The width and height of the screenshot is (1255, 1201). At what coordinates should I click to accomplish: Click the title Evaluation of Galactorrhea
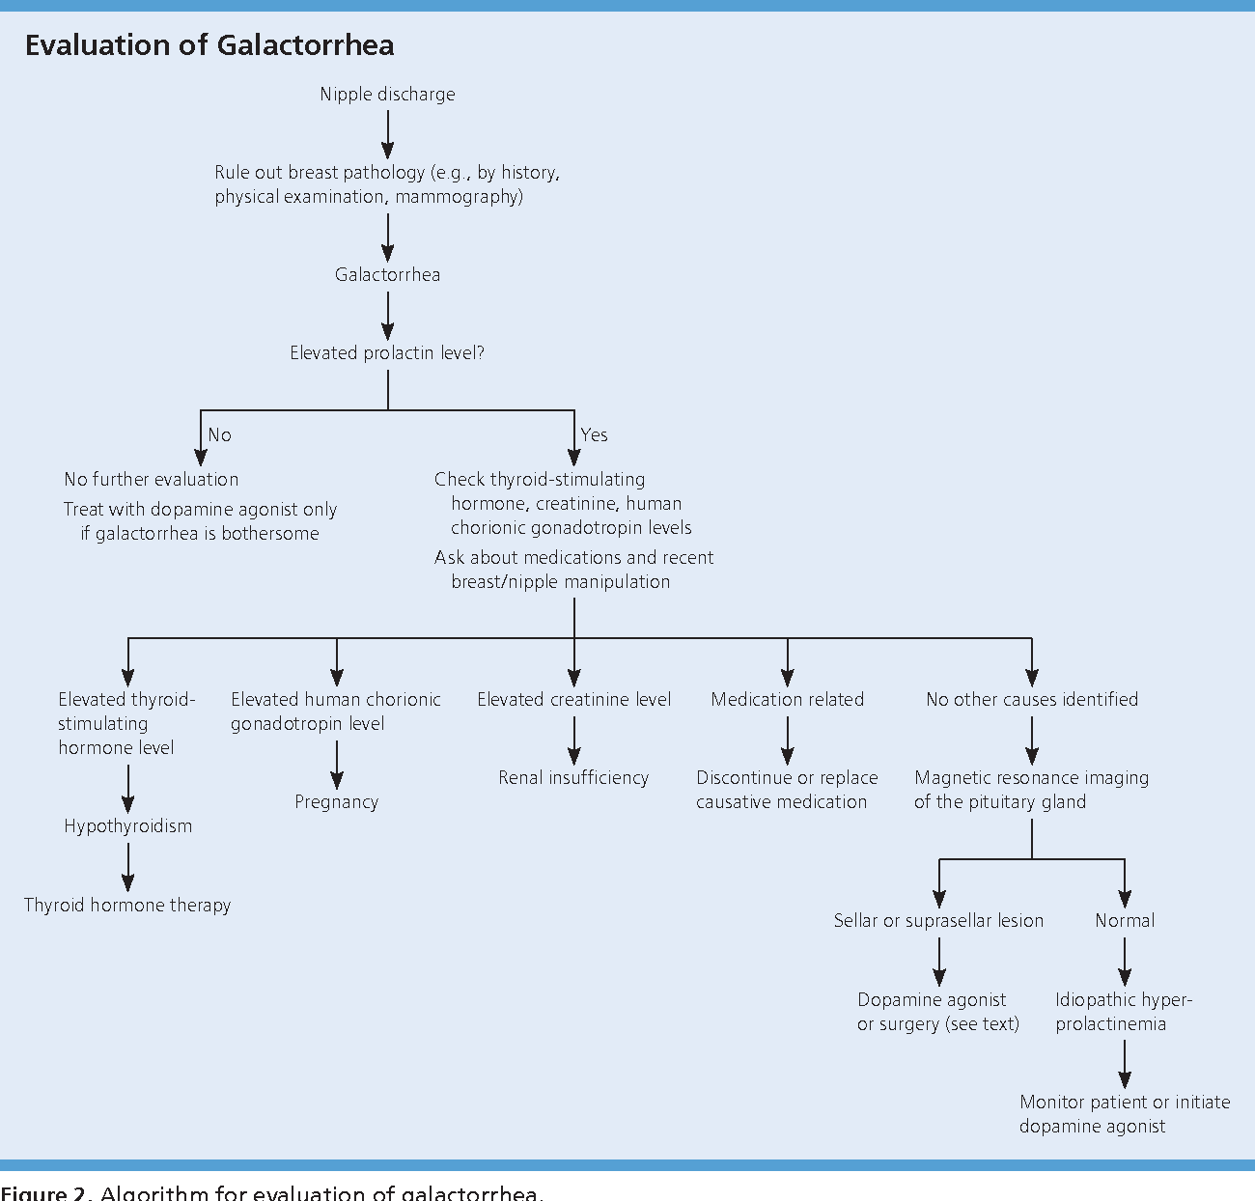209,45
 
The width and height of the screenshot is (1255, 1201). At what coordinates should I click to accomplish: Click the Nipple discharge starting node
387,95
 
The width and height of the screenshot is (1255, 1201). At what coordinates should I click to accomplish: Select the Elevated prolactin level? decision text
387,353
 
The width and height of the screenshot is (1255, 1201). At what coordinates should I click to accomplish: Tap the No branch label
220,435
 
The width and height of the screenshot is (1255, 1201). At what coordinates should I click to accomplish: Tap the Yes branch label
594,435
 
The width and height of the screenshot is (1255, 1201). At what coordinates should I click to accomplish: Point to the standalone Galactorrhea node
387,275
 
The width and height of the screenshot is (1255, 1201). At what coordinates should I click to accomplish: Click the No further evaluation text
152,480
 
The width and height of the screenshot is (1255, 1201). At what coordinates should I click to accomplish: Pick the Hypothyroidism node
128,826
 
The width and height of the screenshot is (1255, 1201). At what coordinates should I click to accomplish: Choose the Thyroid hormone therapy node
127,906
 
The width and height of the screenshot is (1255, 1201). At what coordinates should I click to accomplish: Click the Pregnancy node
336,802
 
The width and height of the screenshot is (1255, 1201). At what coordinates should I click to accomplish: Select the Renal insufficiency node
573,778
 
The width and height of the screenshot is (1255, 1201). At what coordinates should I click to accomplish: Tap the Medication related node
787,700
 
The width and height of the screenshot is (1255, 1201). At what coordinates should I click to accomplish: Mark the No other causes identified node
1032,700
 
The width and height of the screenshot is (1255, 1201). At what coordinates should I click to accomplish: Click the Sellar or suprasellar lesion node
938,921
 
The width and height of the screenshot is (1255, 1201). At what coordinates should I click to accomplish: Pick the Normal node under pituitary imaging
1125,921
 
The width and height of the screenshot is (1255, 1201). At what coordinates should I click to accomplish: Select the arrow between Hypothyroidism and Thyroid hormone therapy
128,866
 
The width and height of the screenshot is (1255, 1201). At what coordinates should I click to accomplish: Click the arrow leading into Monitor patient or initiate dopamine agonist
1125,1064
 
